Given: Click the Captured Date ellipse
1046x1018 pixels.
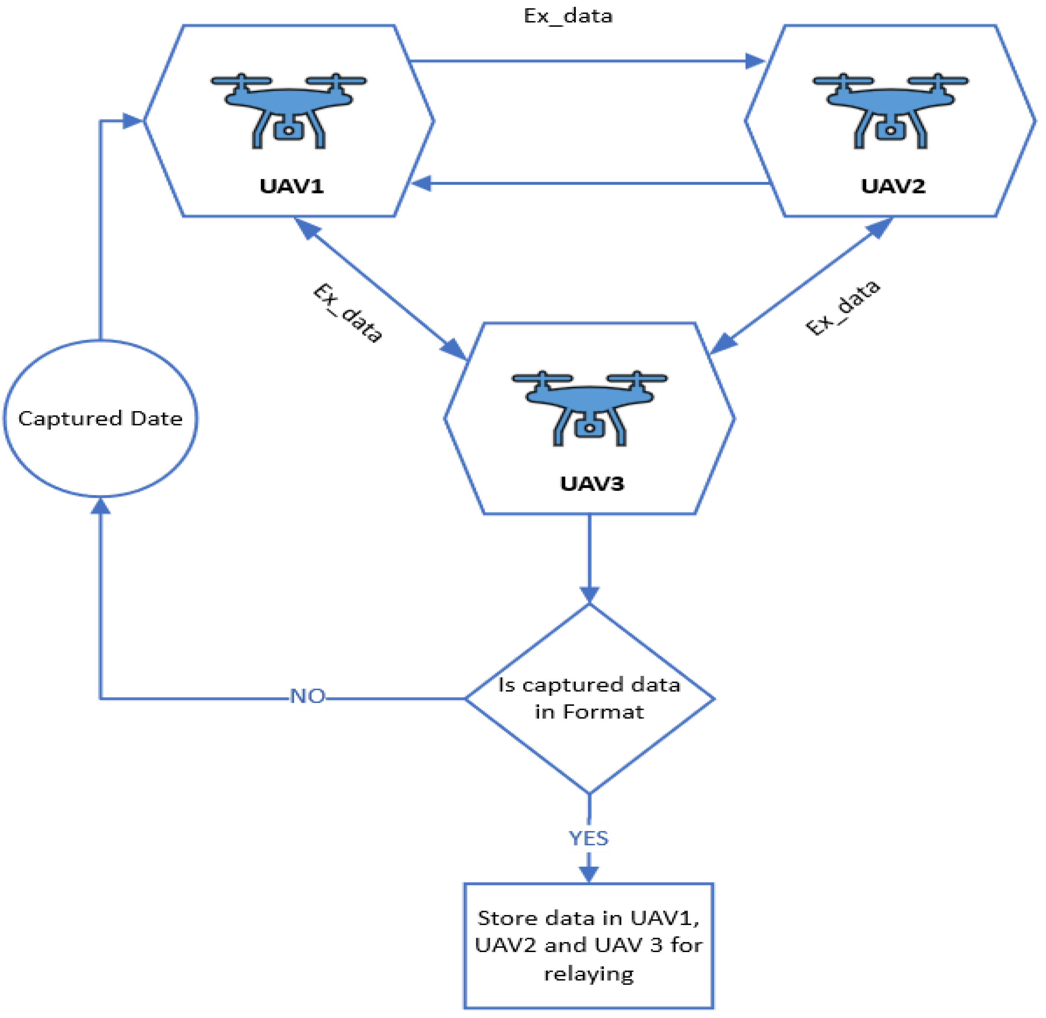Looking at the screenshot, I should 101,418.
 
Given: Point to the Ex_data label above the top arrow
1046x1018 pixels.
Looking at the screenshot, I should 568,16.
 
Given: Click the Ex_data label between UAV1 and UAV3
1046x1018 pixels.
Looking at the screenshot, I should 348,313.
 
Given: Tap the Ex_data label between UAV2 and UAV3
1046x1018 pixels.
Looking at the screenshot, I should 842,308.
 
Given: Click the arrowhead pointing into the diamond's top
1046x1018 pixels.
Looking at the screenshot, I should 589,595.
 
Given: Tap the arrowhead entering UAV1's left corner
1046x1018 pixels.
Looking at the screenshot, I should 132,121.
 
